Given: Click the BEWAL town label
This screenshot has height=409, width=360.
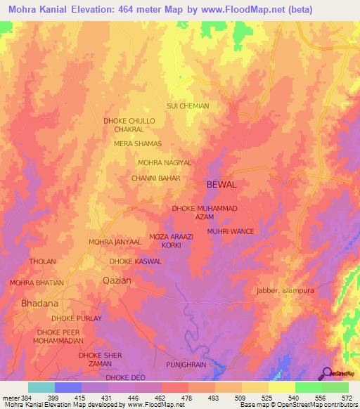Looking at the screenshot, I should (x=221, y=184).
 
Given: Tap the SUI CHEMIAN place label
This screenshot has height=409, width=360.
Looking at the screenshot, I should (x=188, y=106).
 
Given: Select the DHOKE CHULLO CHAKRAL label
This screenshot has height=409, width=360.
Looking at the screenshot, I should (x=129, y=125).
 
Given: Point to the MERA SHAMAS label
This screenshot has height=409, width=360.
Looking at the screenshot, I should (x=138, y=143).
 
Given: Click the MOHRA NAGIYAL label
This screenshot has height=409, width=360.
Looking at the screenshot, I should (x=165, y=162).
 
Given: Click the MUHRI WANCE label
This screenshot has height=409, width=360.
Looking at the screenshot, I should (x=230, y=231).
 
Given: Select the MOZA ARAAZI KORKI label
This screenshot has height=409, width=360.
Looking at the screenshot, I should (x=172, y=241).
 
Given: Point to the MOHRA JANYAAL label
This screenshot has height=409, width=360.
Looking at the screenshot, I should (x=115, y=242).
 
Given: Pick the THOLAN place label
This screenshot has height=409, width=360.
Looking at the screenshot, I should (x=42, y=261).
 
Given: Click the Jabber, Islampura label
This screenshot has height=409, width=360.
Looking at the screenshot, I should (x=284, y=290).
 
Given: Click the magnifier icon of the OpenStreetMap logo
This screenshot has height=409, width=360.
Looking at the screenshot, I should (x=326, y=373).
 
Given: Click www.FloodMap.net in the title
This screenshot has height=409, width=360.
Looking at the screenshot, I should (x=240, y=9).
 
